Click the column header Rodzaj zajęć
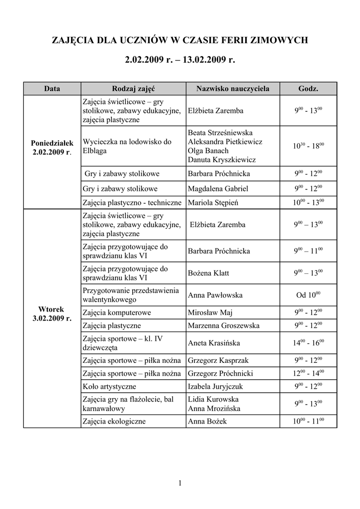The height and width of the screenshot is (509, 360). tap(133, 88)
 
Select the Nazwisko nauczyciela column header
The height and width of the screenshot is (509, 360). tap(233, 88)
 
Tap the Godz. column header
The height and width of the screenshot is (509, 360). tap(308, 88)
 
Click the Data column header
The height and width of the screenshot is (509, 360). tap(52, 88)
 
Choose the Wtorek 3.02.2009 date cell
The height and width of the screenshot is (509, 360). tap(52, 314)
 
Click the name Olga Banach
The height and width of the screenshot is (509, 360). tap(208, 151)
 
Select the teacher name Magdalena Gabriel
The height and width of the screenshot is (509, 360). tap(218, 189)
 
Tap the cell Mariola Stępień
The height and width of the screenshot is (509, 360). tap(213, 202)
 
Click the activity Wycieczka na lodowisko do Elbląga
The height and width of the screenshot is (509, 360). tap(127, 146)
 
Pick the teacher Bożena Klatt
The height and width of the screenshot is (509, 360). tap(209, 273)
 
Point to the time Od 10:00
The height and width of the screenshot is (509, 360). tap(308, 295)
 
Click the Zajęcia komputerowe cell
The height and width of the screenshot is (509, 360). tap(117, 313)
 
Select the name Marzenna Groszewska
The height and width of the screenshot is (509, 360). tap(224, 326)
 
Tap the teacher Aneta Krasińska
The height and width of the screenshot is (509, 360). tap(214, 343)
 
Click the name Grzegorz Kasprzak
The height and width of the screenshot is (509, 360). tap(218, 360)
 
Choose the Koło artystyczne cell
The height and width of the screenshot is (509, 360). tap(109, 386)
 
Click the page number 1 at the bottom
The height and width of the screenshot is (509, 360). tap(180, 483)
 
